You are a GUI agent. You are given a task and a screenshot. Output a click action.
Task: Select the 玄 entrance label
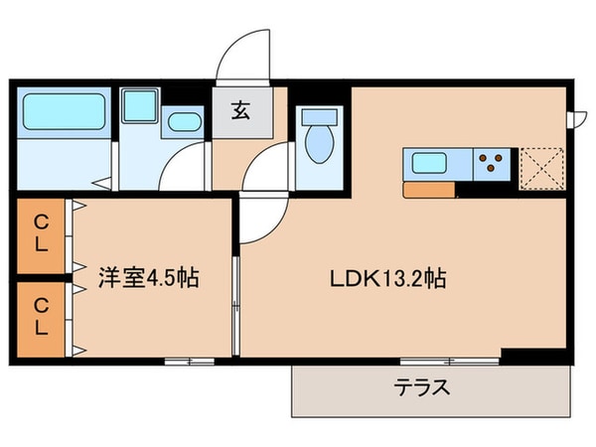click(241, 110)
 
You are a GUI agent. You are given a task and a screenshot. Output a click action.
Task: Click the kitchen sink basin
click(429, 161)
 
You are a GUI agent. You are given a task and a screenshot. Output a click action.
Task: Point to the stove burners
click(494, 161)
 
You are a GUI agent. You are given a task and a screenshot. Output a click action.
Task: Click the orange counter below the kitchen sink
click(429, 189)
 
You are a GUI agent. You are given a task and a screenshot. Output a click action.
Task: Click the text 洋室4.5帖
click(149, 278)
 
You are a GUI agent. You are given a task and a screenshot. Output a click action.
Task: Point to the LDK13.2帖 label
click(387, 279)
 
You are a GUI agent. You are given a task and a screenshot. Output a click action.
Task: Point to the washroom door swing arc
click(179, 164)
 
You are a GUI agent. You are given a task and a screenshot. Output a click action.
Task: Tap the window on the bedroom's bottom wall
click(189, 360)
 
